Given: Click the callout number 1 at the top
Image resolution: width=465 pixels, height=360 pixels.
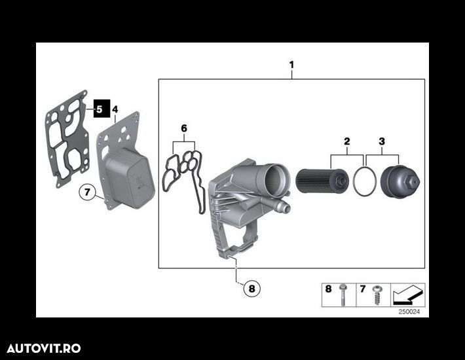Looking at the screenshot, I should (291, 65).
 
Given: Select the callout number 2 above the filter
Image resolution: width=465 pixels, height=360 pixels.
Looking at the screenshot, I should (346, 141).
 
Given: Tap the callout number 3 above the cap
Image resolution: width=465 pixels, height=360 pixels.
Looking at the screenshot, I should (382, 141).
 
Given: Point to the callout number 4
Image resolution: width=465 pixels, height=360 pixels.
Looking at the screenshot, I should (115, 109).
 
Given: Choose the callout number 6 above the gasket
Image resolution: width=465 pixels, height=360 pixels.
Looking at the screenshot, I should (184, 128).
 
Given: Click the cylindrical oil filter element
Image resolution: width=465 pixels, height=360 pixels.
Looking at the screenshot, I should (321, 181).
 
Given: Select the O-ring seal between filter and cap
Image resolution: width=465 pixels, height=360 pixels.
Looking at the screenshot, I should (363, 181).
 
